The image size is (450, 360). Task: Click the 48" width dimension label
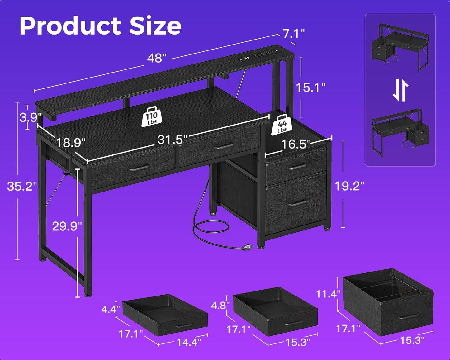(x=157, y=58)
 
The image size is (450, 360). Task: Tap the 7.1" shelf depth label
(x=293, y=33)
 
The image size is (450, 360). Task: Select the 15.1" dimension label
(x=310, y=88)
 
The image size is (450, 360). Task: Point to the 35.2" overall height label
(x=22, y=186)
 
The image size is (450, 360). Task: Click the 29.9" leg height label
(x=67, y=226)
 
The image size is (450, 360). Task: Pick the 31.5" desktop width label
(x=172, y=140)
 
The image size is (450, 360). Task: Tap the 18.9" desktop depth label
(x=70, y=143)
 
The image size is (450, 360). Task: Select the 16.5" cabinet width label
(x=296, y=144)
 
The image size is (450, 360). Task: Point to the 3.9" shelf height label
(x=31, y=117)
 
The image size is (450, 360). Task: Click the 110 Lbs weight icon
(x=152, y=117)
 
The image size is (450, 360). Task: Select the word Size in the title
(x=155, y=26)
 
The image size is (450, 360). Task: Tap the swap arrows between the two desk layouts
(x=400, y=90)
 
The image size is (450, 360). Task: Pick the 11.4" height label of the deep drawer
(x=328, y=294)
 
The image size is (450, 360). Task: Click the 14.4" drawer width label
(x=189, y=342)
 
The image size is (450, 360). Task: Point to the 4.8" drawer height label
(x=220, y=306)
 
